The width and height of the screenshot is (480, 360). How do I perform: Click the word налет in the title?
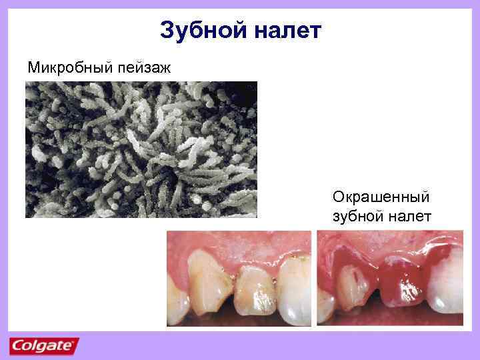tap(288, 31)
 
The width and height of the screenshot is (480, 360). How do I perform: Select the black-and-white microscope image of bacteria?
tap(141, 149)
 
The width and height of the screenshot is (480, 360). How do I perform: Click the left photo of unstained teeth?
tap(239, 278)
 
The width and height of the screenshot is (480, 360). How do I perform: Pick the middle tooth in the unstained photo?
tap(256, 290)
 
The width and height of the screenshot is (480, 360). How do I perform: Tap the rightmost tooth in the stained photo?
tap(443, 287)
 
